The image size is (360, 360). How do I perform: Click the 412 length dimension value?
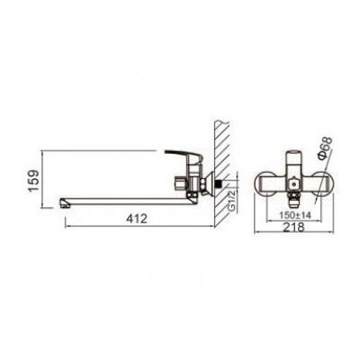[137, 219]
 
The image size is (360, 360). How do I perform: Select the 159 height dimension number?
[33, 180]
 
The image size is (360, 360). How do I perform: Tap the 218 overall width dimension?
[293, 227]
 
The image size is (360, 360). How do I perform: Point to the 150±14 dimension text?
[295, 215]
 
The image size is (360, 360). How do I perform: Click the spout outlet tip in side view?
[64, 203]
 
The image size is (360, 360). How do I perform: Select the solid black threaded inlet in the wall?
[220, 183]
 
